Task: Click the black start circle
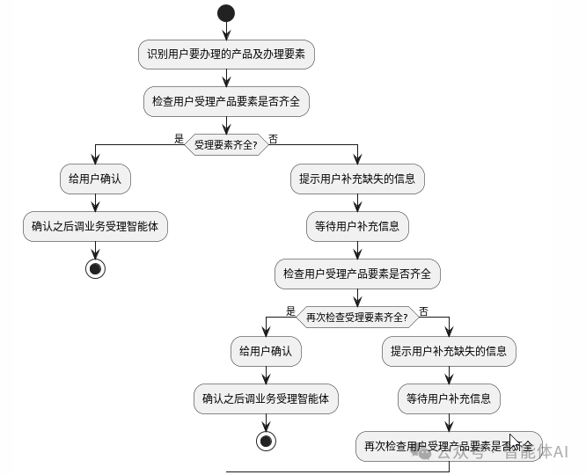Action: coord(226,12)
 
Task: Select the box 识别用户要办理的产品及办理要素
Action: coord(226,55)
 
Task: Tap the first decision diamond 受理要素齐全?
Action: coord(226,144)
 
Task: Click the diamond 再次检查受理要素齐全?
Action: coord(356,317)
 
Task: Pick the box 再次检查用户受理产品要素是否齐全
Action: coord(449,446)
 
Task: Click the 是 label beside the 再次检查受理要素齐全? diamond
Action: coord(291,311)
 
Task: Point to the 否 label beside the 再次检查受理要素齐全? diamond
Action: coord(424,311)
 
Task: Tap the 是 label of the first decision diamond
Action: coord(179,138)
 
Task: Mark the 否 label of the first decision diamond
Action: coord(274,138)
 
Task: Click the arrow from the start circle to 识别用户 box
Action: coord(226,30)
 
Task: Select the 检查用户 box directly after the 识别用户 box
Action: coord(226,102)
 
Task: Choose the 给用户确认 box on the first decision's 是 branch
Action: coord(95,179)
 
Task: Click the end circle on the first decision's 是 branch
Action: coord(95,268)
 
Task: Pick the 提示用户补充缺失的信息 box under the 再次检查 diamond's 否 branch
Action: coord(449,352)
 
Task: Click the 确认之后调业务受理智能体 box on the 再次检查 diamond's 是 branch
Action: coord(266,398)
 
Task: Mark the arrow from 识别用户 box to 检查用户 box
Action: coord(226,77)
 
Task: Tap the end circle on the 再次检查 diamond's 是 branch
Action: coord(266,441)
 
